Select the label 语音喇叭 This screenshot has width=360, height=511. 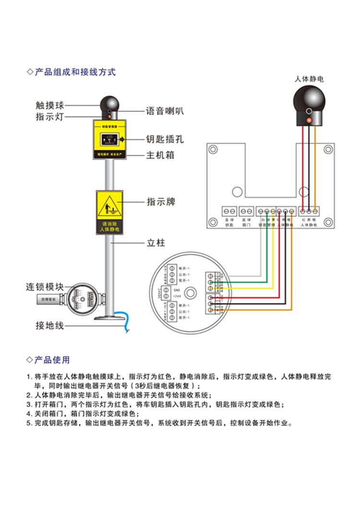point(165,111)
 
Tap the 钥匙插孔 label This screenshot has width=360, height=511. point(165,140)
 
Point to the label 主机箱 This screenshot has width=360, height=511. point(160,155)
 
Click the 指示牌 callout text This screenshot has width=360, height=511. point(161,202)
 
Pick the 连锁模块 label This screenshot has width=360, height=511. point(45,287)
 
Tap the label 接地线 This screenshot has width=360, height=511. point(49,325)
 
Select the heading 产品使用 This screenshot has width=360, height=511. point(52,360)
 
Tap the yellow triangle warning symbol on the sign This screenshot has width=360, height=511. point(111,206)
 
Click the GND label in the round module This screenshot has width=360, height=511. point(176,290)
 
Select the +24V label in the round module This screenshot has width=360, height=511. point(177,296)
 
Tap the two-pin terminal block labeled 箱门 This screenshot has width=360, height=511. point(247,211)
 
